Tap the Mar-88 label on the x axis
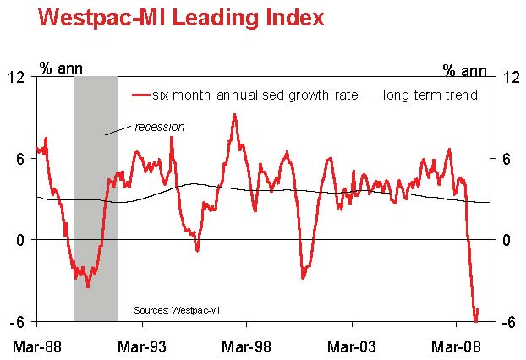(x=36, y=346)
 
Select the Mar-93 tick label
(x=141, y=346)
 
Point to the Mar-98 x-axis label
(x=246, y=346)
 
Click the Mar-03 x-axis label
(x=351, y=346)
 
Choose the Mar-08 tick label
(x=456, y=346)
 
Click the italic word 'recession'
(x=160, y=127)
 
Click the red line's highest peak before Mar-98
(x=234, y=114)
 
